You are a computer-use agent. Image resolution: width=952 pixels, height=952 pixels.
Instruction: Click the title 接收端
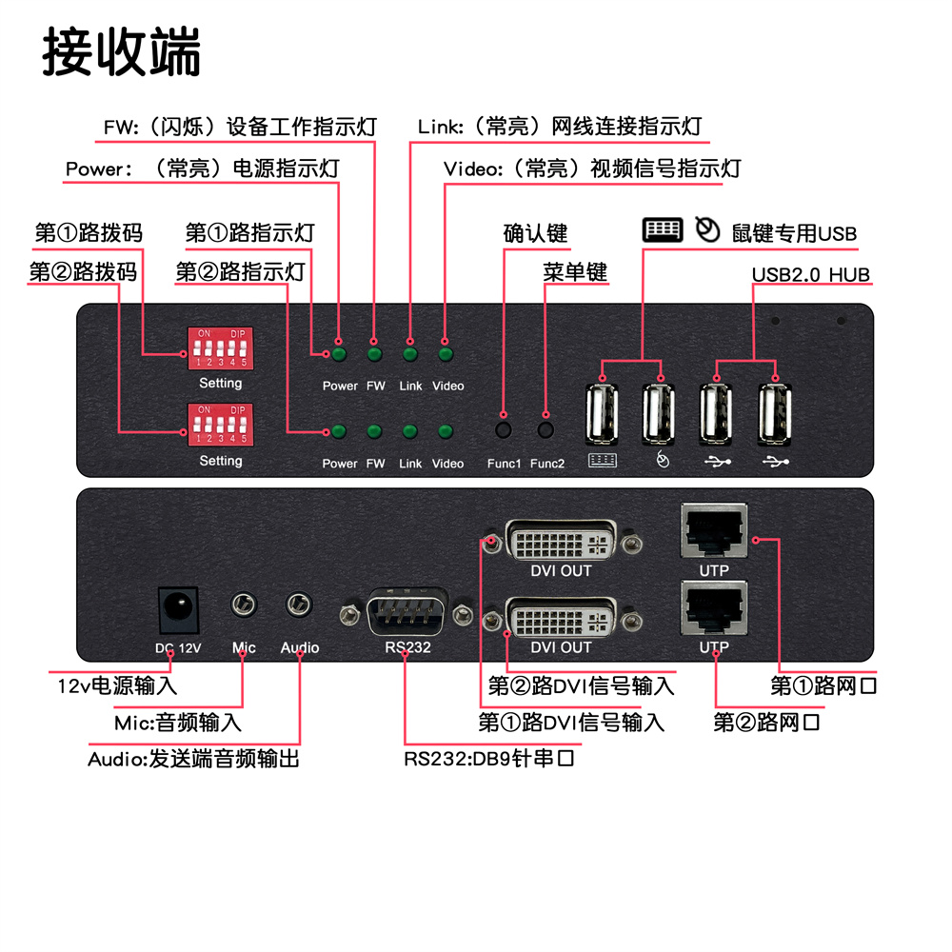coord(122,52)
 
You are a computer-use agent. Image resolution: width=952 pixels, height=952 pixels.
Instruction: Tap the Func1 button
coord(505,429)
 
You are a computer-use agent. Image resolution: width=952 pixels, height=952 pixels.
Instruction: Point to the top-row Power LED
coord(338,355)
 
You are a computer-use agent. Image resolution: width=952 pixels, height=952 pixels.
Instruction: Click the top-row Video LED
coord(446,355)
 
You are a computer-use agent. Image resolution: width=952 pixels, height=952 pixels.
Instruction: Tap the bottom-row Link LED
coord(410,432)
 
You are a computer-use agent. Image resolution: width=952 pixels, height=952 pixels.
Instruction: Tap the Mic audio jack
coord(245,605)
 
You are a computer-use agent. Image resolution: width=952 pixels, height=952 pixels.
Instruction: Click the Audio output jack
coord(300,605)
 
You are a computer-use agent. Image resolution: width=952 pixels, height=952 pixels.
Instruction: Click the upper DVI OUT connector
coord(561,543)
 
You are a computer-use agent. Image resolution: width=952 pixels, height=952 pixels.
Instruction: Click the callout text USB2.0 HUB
coord(810,275)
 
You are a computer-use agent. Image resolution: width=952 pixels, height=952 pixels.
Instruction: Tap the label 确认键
coord(535,233)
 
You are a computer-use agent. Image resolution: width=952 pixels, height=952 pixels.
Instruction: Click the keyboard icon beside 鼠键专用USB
coord(663,230)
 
